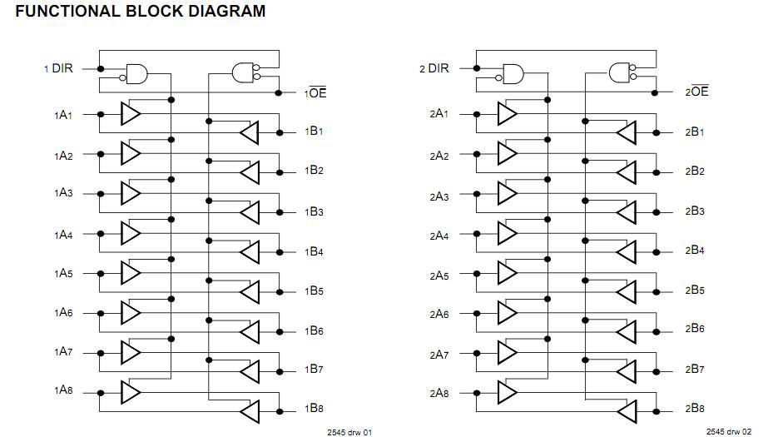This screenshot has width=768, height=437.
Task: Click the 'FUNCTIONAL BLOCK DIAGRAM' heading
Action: tap(141, 12)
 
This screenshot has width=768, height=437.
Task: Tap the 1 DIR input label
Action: tap(59, 68)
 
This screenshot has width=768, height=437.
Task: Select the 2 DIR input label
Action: tap(434, 68)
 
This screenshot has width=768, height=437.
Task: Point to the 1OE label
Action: tap(316, 93)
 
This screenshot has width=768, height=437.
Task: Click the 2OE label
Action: tap(696, 92)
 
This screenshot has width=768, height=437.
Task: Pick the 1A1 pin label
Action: tap(64, 114)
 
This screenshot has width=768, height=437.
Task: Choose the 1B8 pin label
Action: tap(314, 409)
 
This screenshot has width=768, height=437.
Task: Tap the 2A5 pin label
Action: tap(439, 276)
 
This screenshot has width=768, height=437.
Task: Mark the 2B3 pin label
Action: tap(695, 211)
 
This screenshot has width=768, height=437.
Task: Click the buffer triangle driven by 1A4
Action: tap(130, 233)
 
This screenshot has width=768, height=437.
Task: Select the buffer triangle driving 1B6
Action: tap(250, 331)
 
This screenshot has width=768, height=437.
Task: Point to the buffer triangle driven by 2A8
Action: tap(507, 391)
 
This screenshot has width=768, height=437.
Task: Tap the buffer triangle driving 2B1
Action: tap(627, 132)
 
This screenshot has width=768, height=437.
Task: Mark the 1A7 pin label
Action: tap(64, 352)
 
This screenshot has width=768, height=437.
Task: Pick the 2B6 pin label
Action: tap(695, 329)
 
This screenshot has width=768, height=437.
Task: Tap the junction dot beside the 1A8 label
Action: tap(101, 392)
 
